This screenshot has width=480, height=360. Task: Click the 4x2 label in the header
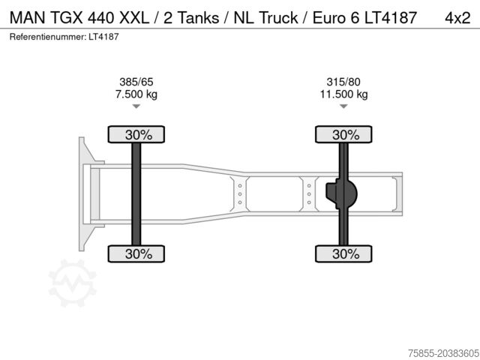[457, 18]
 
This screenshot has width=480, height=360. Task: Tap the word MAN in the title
[28, 18]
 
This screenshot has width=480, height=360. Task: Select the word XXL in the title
[134, 18]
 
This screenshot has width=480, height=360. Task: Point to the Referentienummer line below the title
[64, 37]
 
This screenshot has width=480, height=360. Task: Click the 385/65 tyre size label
[136, 82]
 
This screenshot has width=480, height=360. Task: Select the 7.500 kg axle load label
[136, 94]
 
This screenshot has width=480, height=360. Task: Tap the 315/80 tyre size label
[343, 82]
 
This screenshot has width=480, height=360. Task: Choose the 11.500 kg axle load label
[343, 94]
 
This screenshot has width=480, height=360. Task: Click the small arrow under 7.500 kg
[136, 106]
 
